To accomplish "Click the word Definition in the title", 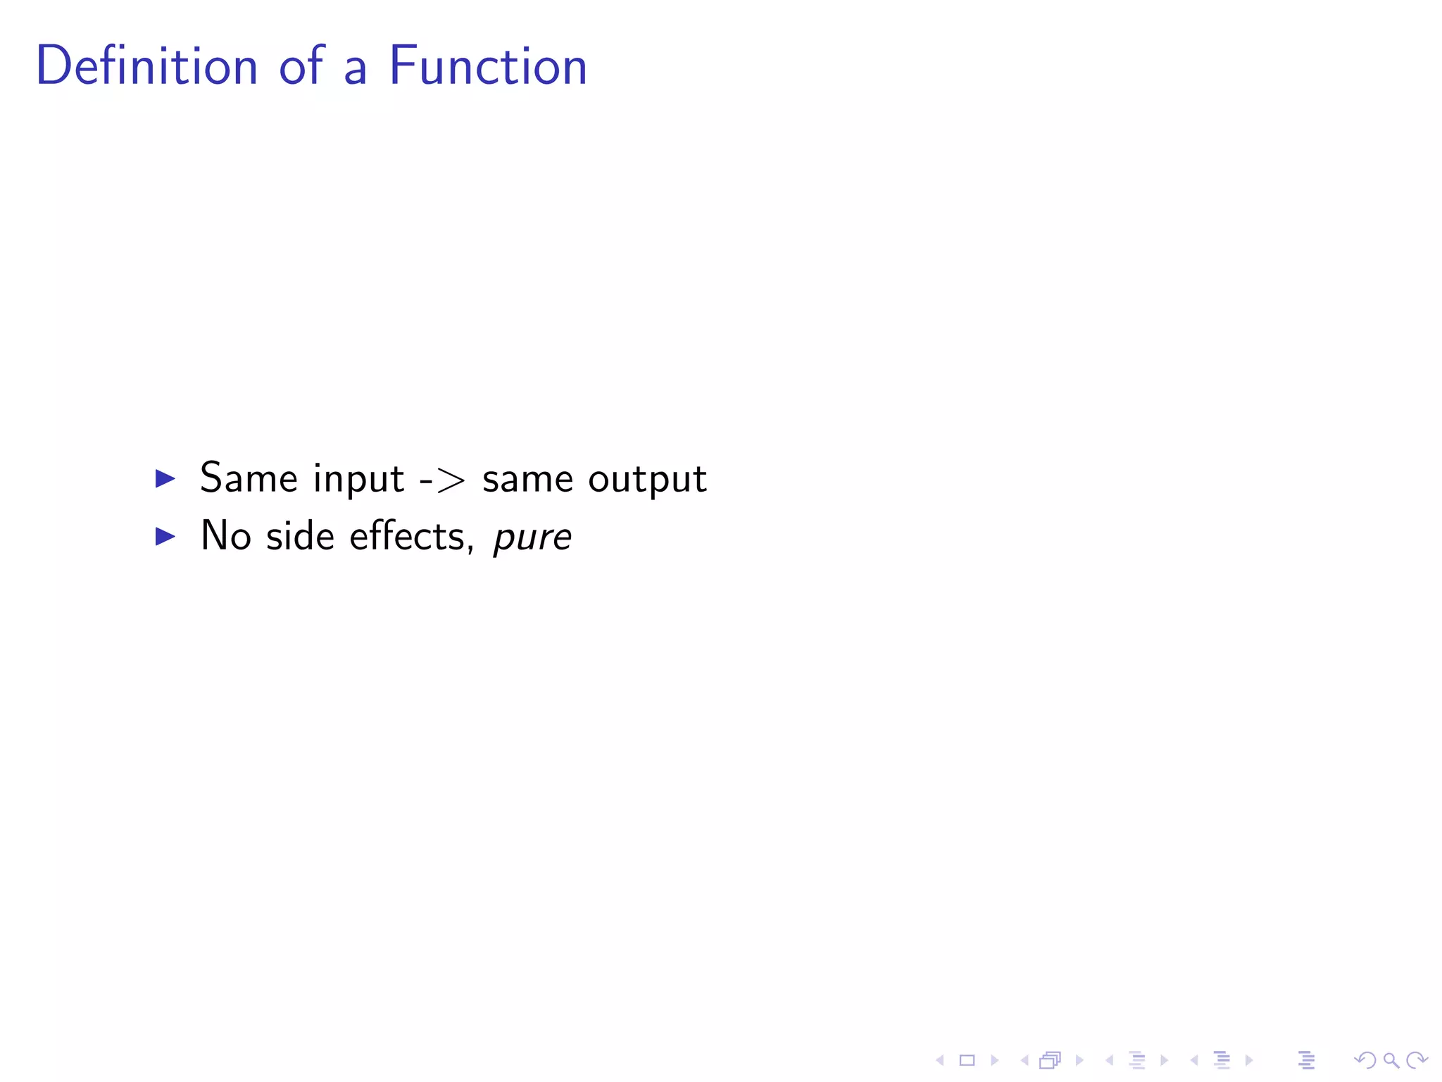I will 146,66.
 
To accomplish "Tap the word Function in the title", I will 487,66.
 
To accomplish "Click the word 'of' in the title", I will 302,66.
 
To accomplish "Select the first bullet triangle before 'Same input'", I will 165,479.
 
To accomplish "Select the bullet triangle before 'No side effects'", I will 165,537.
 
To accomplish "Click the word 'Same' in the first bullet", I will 249,479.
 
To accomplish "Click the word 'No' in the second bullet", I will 226,537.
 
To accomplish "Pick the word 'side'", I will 300,537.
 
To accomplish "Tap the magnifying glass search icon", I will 1391,1060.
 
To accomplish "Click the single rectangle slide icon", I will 967,1060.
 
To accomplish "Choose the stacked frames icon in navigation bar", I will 1050,1060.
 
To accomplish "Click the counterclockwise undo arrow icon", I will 1365,1060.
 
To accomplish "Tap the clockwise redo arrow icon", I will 1417,1060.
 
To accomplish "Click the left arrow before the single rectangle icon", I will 940,1060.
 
